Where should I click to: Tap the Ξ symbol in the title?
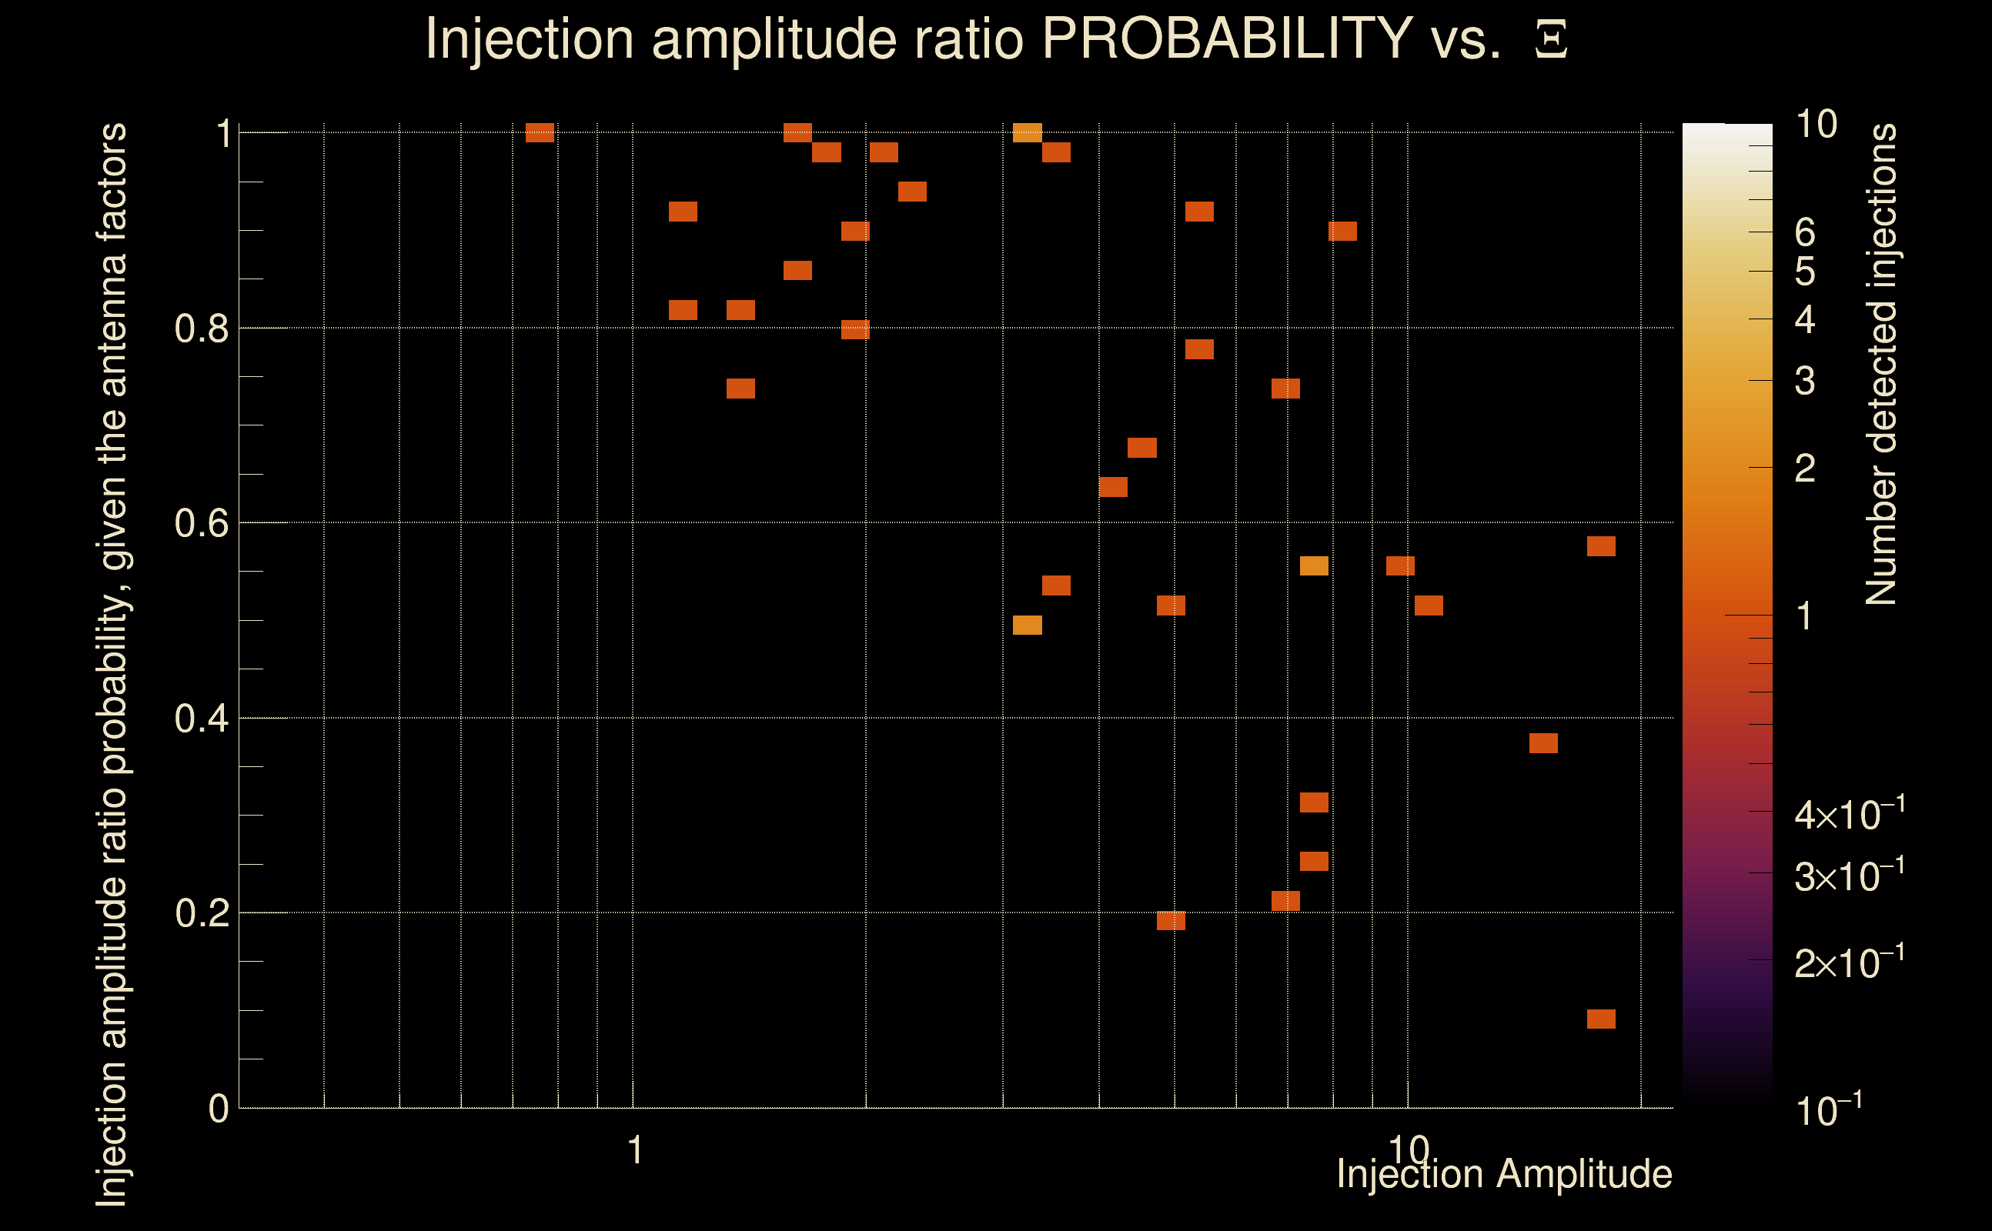click(1551, 39)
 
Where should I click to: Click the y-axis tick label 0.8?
click(201, 329)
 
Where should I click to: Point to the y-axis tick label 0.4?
click(201, 719)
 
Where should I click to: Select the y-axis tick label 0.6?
click(201, 523)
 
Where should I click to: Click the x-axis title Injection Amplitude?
click(1504, 1174)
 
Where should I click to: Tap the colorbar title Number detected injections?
click(1880, 364)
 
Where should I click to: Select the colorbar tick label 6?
click(1805, 233)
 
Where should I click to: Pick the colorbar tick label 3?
click(1805, 381)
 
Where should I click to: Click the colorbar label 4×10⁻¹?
click(1849, 814)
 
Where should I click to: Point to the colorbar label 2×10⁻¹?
click(1849, 962)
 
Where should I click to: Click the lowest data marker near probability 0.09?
click(1601, 1019)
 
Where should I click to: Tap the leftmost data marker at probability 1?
click(540, 132)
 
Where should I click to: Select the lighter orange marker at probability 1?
click(1027, 132)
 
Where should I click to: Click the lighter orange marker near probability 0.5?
click(1027, 626)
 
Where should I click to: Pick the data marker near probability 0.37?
click(1543, 743)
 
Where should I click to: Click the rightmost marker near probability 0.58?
click(1601, 546)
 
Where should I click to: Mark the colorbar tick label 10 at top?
click(1816, 125)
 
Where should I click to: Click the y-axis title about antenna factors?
click(112, 663)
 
